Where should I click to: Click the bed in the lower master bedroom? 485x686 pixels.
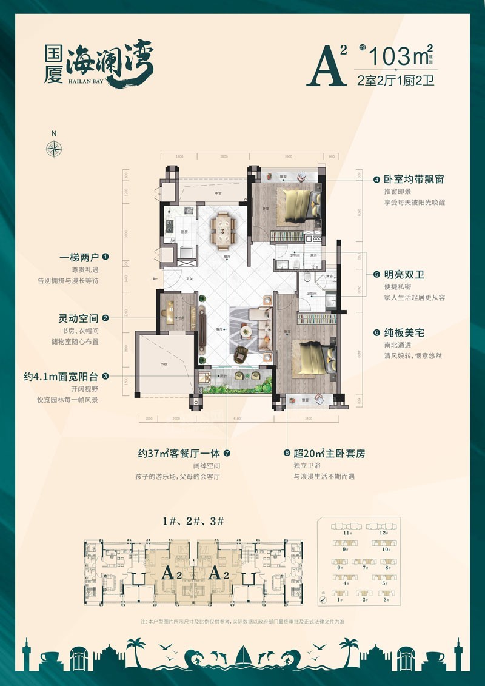(313, 358)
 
